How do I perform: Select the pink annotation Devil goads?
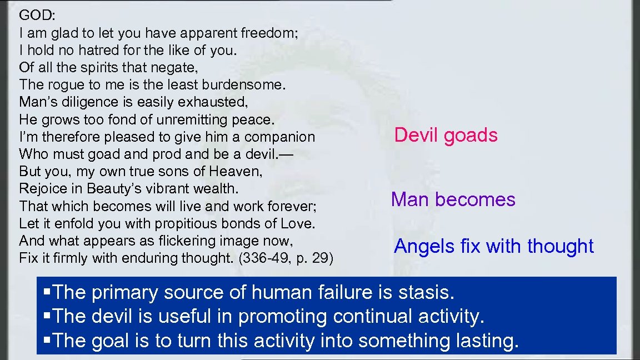(446, 135)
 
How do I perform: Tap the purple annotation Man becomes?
(453, 199)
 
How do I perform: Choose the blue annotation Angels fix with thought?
(493, 246)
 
